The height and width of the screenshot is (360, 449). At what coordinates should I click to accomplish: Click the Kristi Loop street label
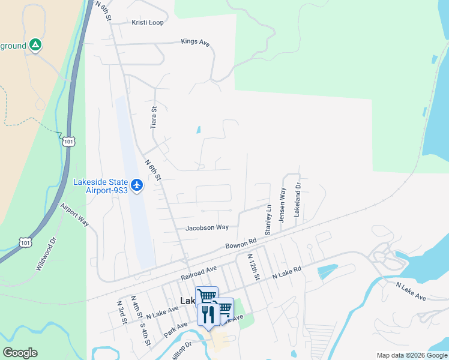coord(148,23)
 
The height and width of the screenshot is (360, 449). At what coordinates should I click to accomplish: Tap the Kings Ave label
coord(195,42)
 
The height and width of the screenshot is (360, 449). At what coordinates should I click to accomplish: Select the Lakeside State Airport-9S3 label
coord(101,186)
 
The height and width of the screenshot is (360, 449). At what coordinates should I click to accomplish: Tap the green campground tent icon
coord(35,45)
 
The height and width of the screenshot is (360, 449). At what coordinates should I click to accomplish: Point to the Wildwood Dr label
coord(46,254)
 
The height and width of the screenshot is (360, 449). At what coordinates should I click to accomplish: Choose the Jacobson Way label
coord(207,227)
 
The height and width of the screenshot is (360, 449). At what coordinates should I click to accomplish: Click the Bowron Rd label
coord(241,244)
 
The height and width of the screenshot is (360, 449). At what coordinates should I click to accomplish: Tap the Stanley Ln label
coord(268,220)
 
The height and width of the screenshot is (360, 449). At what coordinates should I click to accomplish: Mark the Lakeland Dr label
coord(297,201)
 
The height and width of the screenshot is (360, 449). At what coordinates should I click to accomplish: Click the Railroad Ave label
coord(198,274)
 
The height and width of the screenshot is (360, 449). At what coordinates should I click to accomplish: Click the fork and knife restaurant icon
coord(208,314)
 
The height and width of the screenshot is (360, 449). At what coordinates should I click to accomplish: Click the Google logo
coord(20,353)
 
